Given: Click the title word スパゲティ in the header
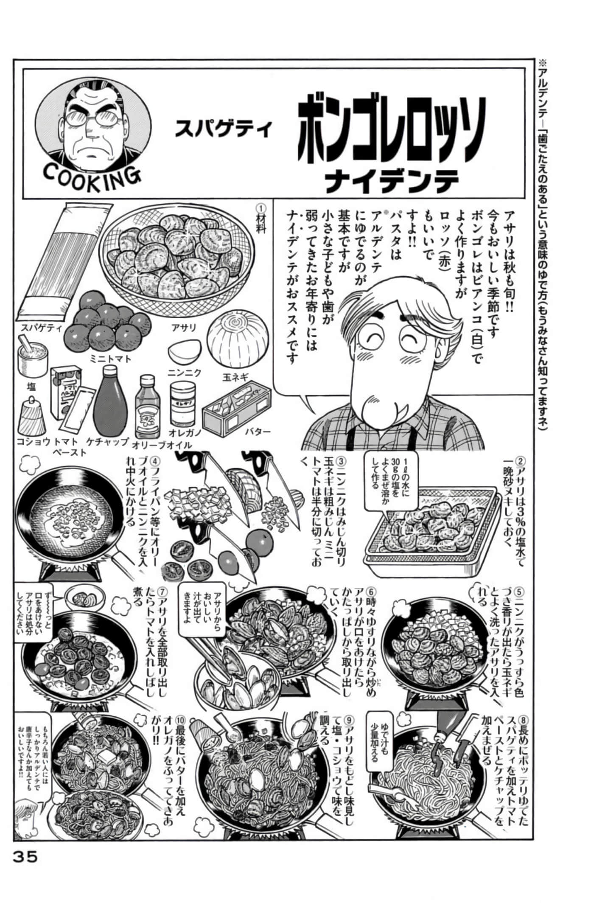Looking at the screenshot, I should (223, 128).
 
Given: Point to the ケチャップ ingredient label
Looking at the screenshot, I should (107, 442).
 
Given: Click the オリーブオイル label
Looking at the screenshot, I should (162, 445).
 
